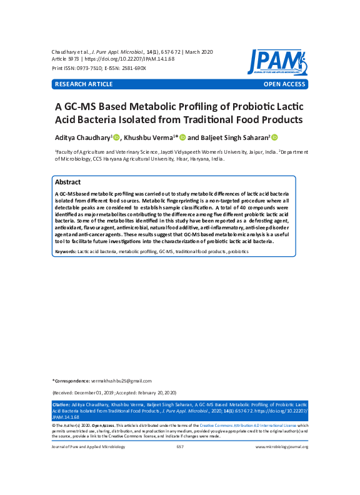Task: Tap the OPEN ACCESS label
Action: point(284,84)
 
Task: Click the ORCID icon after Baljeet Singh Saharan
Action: point(274,137)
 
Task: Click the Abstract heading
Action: point(67,182)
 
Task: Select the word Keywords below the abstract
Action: point(65,251)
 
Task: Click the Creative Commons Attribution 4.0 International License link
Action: point(248,424)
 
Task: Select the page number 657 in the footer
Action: point(180,447)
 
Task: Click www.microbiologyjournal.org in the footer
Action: point(282,447)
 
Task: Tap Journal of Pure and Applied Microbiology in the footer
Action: point(84,447)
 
